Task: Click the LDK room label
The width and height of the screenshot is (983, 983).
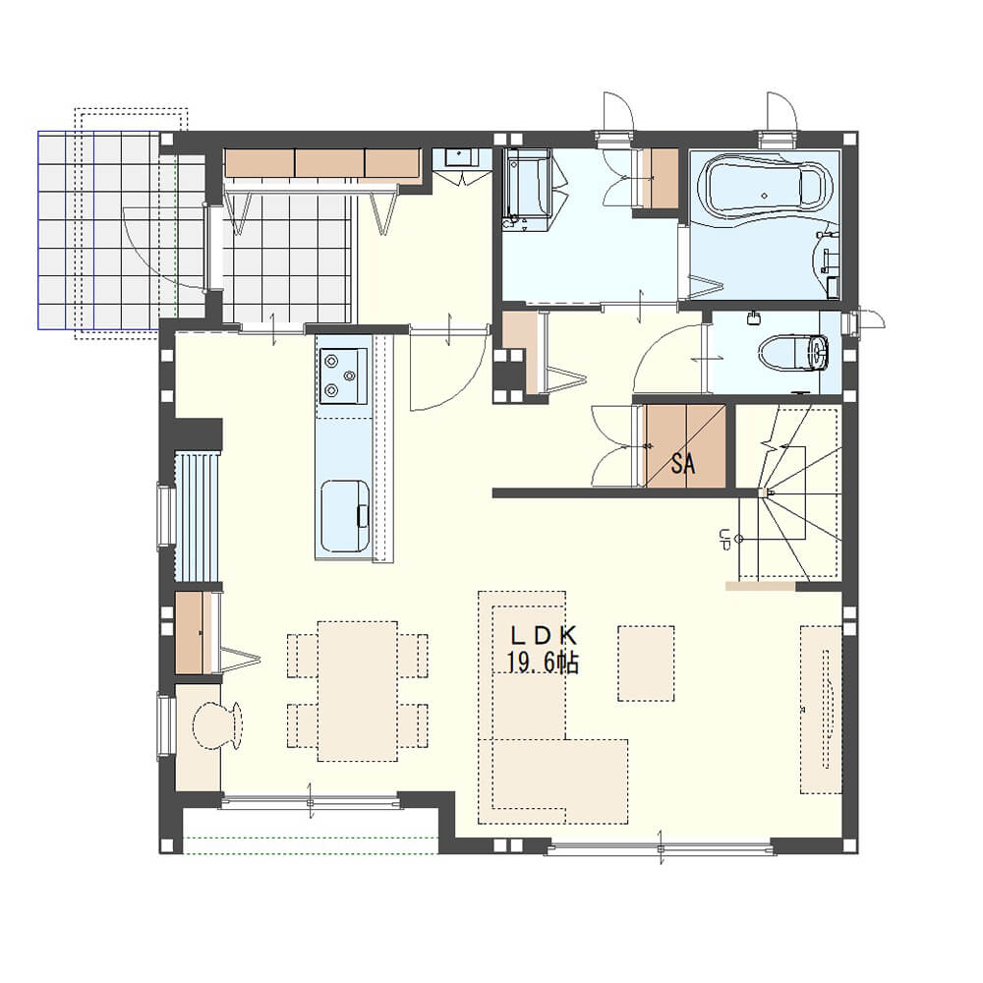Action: [x=543, y=636]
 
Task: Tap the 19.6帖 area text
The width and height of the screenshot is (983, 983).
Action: [x=543, y=662]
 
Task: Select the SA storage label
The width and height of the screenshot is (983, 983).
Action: [x=683, y=463]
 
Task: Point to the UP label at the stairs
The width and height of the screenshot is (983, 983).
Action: [x=724, y=539]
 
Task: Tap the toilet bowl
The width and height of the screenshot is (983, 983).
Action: [x=793, y=353]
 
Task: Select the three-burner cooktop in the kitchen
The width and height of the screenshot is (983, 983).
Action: [x=342, y=376]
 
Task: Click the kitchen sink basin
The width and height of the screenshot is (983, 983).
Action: [x=345, y=516]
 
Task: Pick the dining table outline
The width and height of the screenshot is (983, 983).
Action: [x=358, y=691]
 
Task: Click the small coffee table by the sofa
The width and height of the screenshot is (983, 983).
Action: [x=647, y=664]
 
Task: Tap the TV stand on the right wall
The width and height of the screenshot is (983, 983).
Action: [x=821, y=709]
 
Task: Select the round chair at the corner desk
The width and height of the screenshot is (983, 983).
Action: [x=217, y=725]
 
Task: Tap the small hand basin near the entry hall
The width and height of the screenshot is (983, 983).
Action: [x=460, y=157]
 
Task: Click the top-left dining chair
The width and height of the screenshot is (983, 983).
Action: [x=303, y=656]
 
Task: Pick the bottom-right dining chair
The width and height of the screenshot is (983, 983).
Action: [x=413, y=726]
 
